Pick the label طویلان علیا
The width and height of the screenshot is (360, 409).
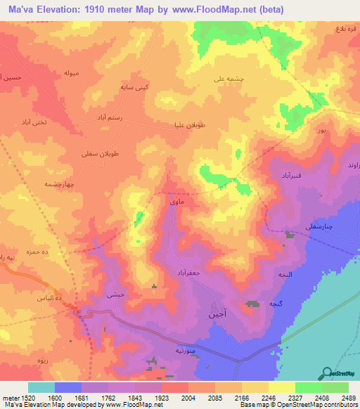tap(190, 125)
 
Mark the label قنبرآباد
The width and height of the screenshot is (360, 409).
tap(291, 174)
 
